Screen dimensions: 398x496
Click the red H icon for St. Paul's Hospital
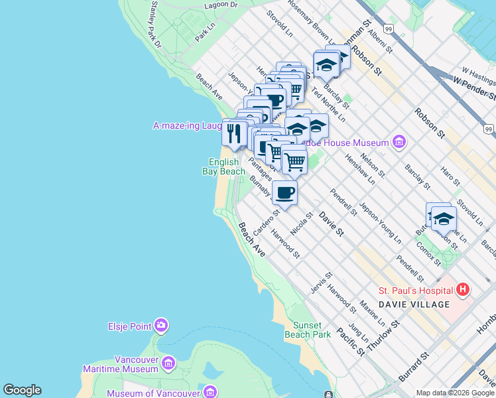463,290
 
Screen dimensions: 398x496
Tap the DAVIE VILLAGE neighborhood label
414,304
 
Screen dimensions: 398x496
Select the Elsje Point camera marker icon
160,325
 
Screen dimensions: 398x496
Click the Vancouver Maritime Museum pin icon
168,363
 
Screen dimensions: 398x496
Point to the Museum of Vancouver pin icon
210,391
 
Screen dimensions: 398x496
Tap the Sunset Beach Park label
308,330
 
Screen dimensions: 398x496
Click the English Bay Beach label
223,166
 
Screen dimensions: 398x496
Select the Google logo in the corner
22,390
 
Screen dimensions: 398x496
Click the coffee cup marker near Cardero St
284,193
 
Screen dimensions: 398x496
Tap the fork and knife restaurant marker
234,133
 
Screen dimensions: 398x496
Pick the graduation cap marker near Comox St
444,218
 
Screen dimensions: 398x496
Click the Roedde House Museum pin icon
399,141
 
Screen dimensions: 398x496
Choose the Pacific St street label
349,340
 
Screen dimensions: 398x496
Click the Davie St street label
331,224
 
